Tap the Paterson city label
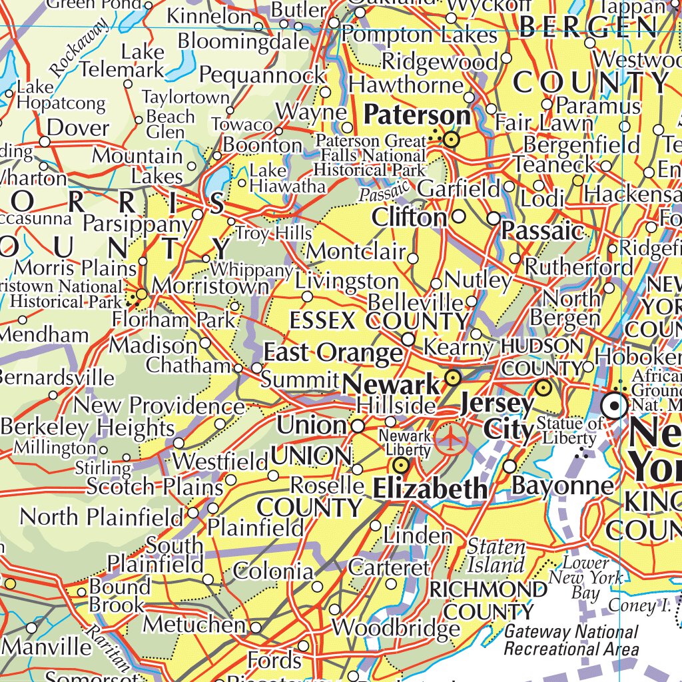click(417, 115)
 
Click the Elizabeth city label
click(430, 490)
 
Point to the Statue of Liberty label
click(569, 430)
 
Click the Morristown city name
click(210, 286)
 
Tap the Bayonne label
click(562, 486)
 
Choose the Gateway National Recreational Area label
click(571, 640)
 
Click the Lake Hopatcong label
click(60, 95)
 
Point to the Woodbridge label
click(396, 627)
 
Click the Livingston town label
click(347, 281)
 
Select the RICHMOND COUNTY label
click(489, 600)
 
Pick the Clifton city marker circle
click(459, 216)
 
